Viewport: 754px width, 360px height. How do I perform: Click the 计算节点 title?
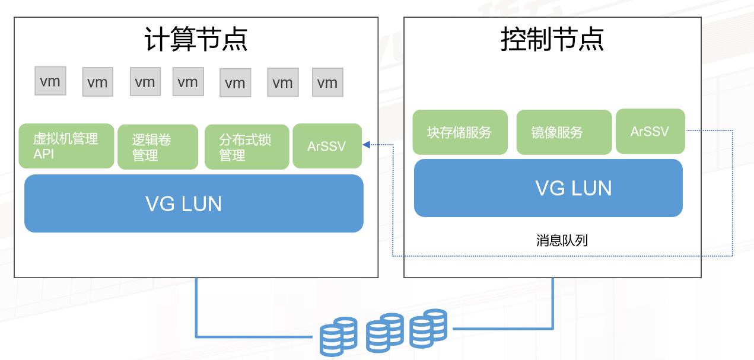196,40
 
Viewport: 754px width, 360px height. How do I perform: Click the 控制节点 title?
552,40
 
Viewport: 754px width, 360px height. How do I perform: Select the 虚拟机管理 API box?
66,146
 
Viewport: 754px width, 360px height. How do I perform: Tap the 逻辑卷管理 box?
158,147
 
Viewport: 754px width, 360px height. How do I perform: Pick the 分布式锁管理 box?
247,147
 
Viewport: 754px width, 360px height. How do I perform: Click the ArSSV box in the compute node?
327,146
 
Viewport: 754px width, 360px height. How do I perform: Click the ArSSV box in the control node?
650,131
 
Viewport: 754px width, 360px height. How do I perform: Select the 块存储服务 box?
460,132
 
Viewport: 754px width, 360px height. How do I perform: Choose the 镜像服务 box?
564,132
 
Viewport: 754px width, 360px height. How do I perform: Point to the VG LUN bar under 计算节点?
193,203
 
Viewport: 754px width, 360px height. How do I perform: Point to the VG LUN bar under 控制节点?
548,188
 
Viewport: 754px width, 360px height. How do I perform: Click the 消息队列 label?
562,240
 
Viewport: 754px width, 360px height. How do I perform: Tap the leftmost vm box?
50,81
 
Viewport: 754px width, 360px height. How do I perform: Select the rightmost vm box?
327,82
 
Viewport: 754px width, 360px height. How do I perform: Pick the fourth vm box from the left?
188,82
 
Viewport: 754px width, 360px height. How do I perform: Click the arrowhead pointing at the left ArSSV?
367,145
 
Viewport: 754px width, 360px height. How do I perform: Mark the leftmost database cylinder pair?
338,336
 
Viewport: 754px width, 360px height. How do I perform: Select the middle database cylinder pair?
384,332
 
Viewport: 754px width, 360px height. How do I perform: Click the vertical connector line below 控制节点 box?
553,302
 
